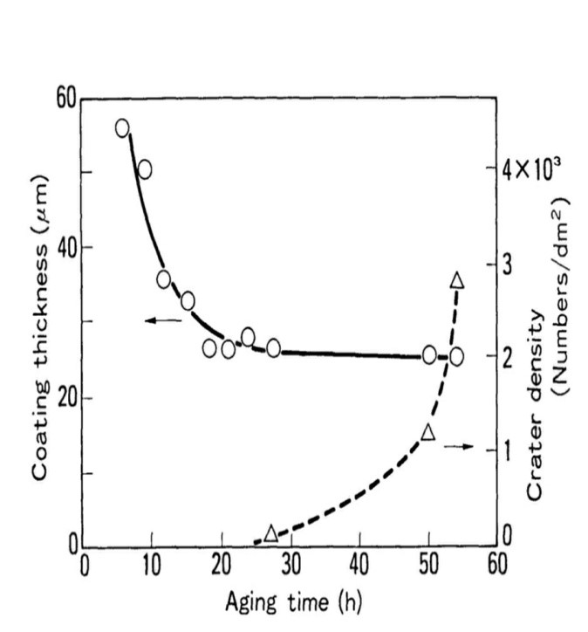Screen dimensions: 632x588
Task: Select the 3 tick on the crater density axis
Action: coord(515,264)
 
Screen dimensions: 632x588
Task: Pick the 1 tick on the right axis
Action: coord(515,450)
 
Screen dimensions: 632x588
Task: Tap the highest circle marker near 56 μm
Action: coord(122,128)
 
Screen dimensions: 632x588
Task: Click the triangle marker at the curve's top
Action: coord(456,280)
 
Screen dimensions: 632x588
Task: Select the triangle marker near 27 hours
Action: coord(270,532)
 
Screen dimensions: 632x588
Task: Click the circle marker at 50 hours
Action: coord(429,354)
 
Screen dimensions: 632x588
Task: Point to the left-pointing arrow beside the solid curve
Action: coord(162,321)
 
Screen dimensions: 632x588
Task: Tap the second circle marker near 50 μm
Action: coord(145,168)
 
